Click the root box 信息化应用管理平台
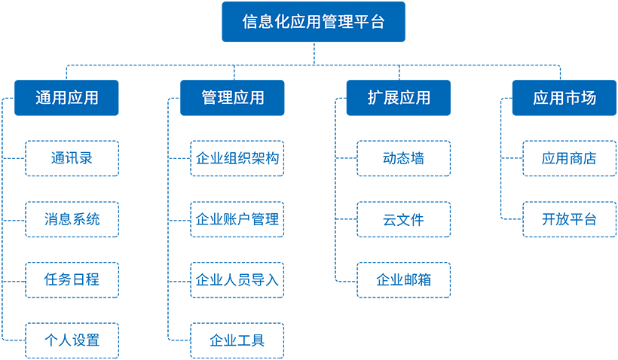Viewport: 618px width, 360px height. pyautogui.click(x=314, y=22)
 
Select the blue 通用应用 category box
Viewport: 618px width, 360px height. pyautogui.click(x=66, y=98)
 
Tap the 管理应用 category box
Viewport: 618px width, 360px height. pyautogui.click(x=232, y=98)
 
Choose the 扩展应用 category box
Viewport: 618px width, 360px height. pyautogui.click(x=399, y=98)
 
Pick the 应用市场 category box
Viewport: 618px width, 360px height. pyautogui.click(x=564, y=98)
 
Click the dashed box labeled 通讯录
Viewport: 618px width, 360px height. pyautogui.click(x=72, y=158)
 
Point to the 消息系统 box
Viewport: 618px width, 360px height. pyautogui.click(x=72, y=219)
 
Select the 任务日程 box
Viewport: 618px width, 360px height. pyautogui.click(x=72, y=280)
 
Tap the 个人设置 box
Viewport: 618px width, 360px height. pyautogui.click(x=72, y=340)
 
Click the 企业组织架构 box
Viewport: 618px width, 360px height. pyautogui.click(x=237, y=158)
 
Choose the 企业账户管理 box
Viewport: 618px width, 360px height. pyautogui.click(x=237, y=219)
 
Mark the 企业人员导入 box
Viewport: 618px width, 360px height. pyautogui.click(x=237, y=280)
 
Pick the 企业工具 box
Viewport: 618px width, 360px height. pyautogui.click(x=237, y=340)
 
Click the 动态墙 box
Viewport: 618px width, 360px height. pyautogui.click(x=404, y=158)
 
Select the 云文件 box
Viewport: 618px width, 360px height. pyautogui.click(x=404, y=219)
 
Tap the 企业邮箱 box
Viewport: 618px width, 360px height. pyautogui.click(x=404, y=280)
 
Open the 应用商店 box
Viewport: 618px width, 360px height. pyautogui.click(x=569, y=158)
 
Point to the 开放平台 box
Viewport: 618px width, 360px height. pyautogui.click(x=569, y=219)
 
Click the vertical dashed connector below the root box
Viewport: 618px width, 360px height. pyautogui.click(x=314, y=53)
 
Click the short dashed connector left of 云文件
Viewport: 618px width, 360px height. pyautogui.click(x=347, y=219)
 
